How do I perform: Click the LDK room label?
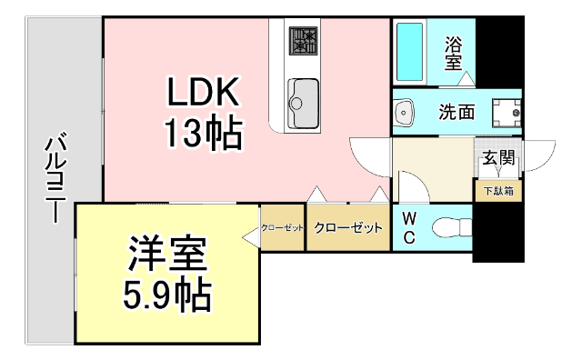[203, 94]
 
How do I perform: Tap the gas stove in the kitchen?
[303, 40]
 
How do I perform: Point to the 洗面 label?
[457, 113]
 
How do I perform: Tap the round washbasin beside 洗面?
[405, 113]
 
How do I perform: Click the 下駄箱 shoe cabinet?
[497, 191]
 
